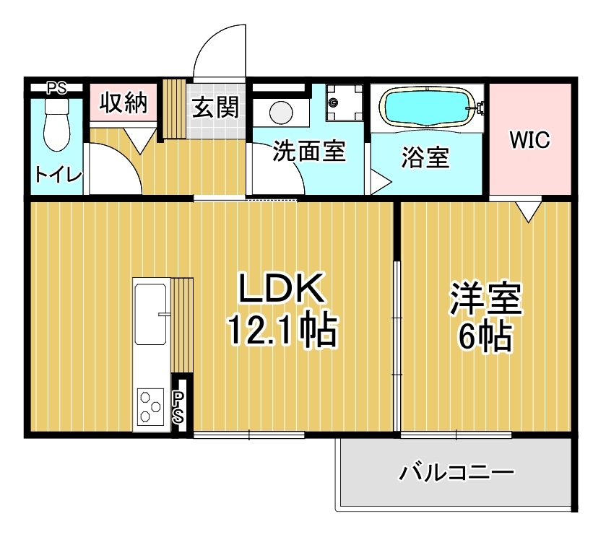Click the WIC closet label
pos(529,140)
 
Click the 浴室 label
pos(425,158)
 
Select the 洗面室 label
pos(308,152)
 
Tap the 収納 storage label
pos(123,103)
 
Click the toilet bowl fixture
pos(56,125)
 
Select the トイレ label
pos(59,175)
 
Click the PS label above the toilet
pos(56,89)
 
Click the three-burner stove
pos(152,407)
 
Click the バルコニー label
pos(456,473)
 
